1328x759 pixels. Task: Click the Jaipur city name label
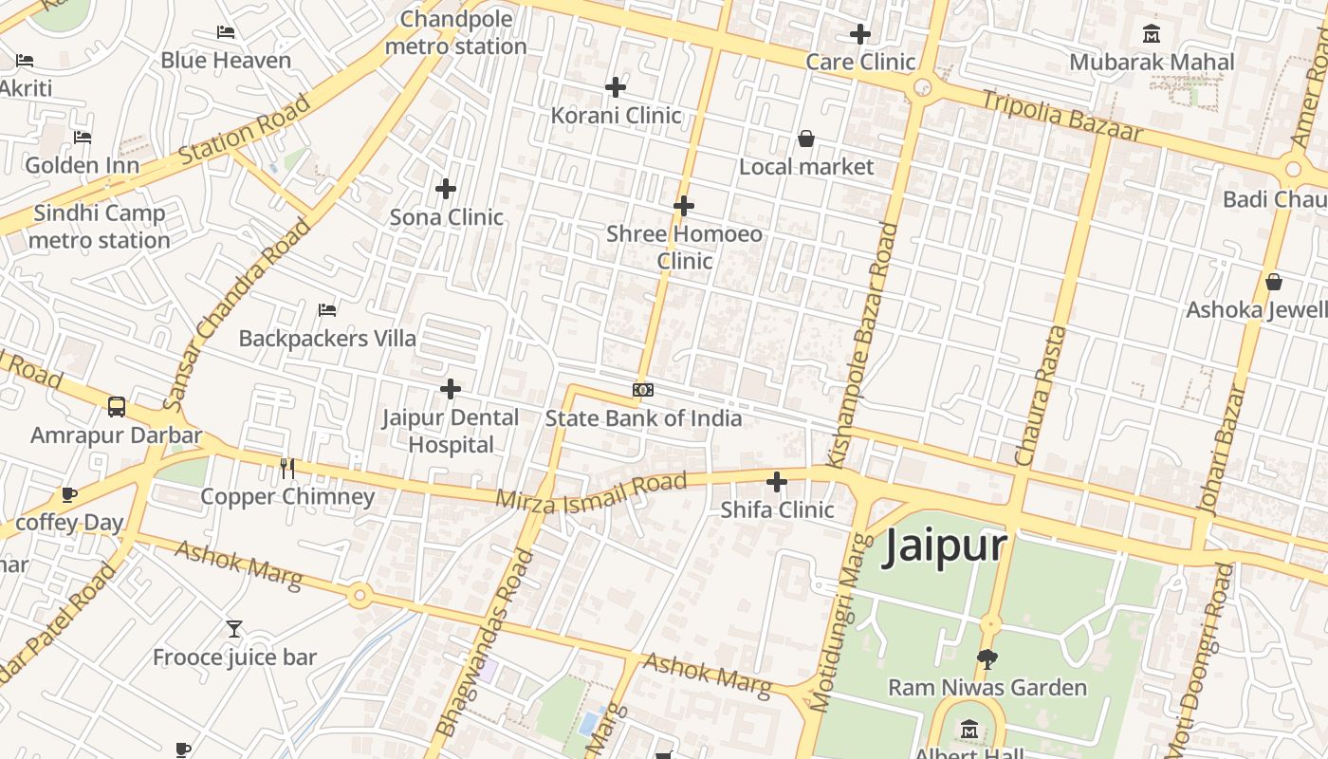944,547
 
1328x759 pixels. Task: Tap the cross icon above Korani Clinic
616,87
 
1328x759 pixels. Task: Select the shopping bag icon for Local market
806,139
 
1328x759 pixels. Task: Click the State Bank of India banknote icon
643,390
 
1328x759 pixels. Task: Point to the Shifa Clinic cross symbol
777,482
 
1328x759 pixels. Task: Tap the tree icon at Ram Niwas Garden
987,658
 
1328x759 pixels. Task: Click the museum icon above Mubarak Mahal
1152,34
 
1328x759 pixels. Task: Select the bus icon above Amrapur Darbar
117,407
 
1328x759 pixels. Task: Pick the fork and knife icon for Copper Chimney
287,468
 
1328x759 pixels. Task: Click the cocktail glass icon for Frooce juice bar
234,628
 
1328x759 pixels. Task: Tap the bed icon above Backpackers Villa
327,309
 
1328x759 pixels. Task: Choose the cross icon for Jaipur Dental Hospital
451,388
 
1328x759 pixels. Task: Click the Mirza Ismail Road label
591,491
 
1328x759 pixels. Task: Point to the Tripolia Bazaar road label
1061,116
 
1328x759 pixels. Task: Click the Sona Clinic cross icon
446,189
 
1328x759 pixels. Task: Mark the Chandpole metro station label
456,32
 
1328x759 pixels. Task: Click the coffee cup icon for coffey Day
68,494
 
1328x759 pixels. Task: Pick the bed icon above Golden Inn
83,137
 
